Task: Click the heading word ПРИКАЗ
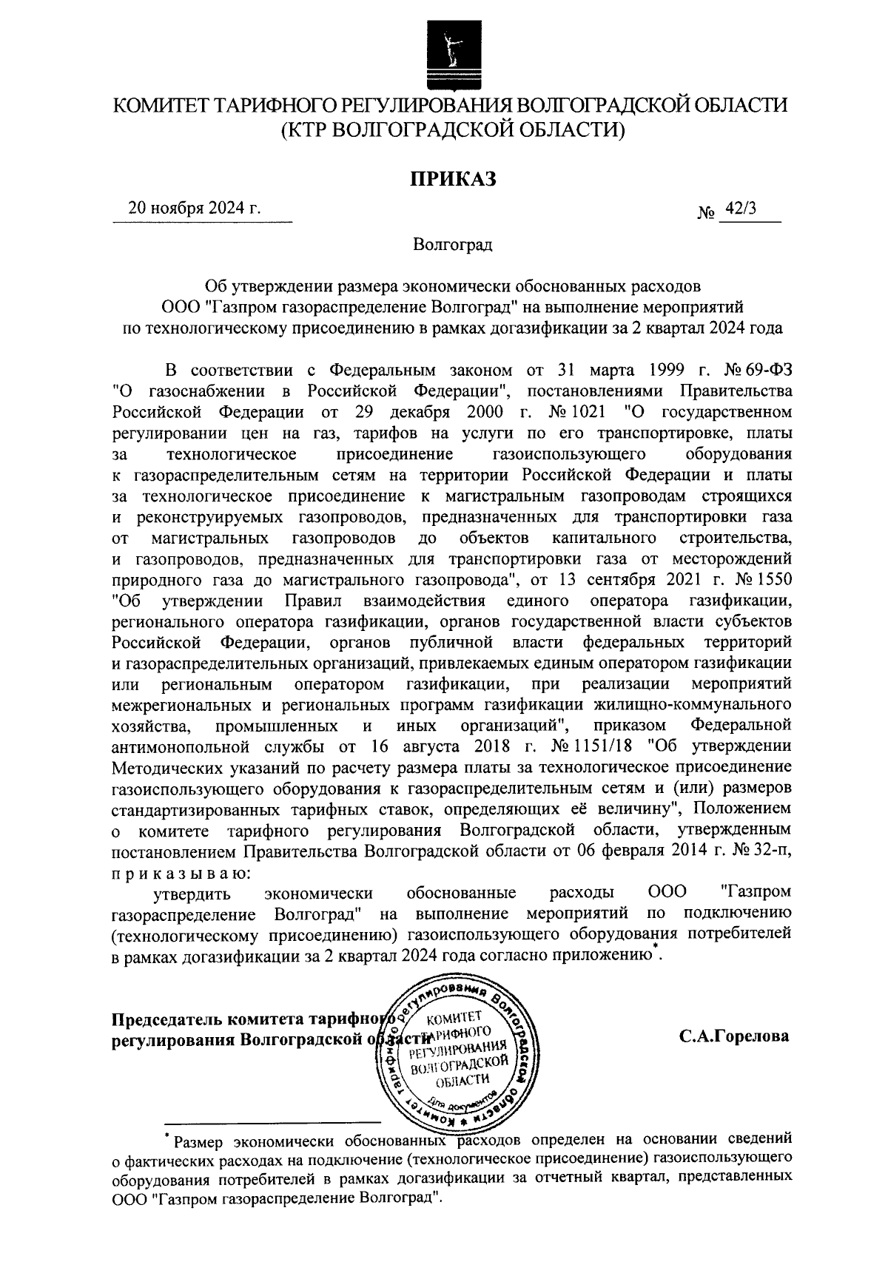point(450,178)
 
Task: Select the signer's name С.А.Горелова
point(734,1036)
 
